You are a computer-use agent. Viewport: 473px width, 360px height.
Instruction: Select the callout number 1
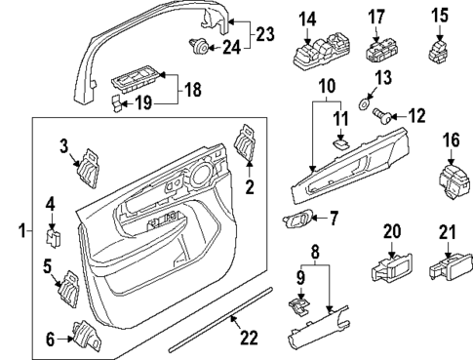click(11, 233)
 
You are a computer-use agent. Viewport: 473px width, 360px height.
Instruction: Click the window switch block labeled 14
click(314, 52)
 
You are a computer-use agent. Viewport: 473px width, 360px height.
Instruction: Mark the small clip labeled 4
click(53, 233)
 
